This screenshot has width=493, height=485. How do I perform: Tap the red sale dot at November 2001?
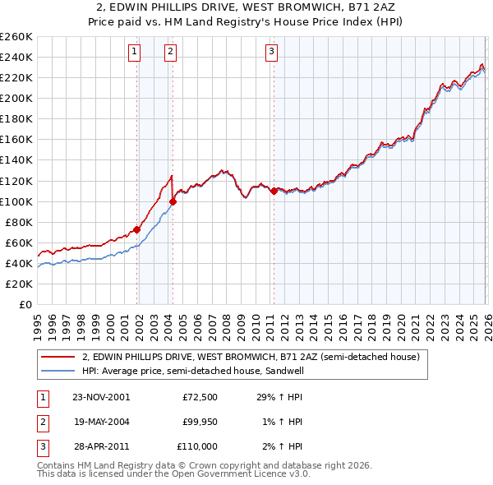[136, 229]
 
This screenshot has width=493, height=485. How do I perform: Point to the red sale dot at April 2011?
[274, 191]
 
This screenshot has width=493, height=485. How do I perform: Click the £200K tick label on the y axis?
[16, 98]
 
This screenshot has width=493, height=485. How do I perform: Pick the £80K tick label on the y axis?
[19, 222]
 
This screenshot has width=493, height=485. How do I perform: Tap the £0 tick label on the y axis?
[25, 304]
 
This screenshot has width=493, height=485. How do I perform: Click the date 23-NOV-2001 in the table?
[101, 397]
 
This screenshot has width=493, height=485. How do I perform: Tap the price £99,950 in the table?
[196, 422]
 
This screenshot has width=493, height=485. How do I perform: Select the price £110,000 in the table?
[196, 446]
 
